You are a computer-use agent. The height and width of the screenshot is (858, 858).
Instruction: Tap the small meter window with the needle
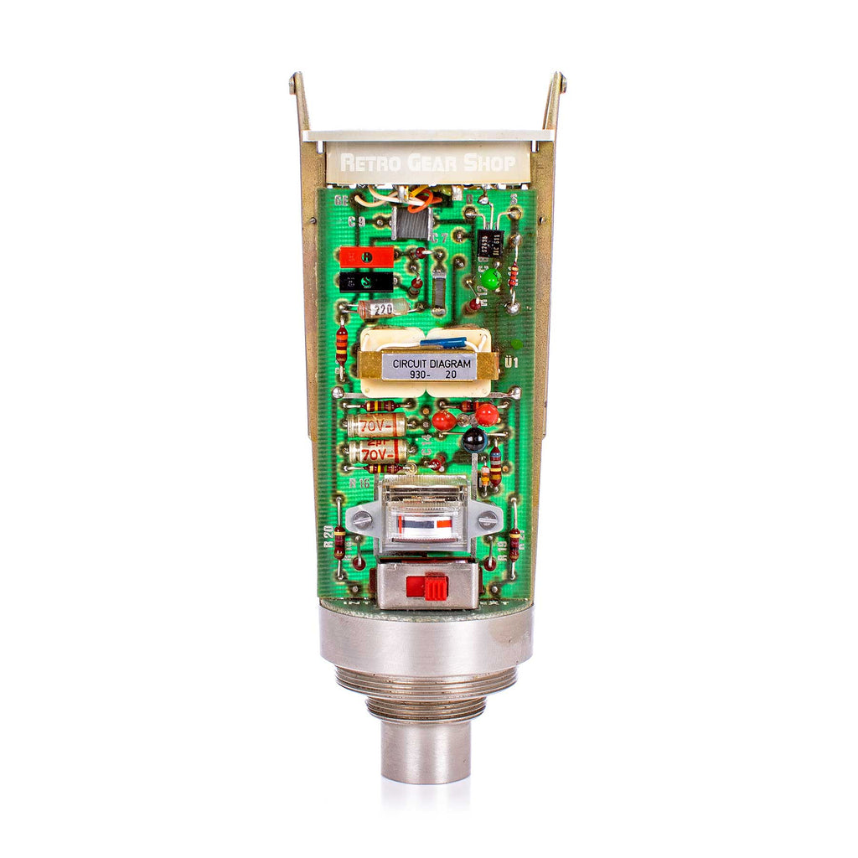428,525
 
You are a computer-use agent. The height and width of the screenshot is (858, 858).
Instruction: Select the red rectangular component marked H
366,256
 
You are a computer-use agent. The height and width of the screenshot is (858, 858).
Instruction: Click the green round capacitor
490,278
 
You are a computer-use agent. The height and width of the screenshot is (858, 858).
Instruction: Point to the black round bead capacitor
474,437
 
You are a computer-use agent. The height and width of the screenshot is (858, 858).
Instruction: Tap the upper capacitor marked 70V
376,426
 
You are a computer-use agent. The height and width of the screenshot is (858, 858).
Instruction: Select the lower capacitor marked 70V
377,454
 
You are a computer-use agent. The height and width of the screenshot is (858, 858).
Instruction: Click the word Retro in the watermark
366,163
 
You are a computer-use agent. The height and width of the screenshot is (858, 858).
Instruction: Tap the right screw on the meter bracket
487,519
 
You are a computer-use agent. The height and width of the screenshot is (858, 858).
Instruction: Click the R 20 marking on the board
328,535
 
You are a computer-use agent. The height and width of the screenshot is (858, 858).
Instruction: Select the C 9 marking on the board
357,223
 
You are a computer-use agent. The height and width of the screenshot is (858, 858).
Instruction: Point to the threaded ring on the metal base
427,683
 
